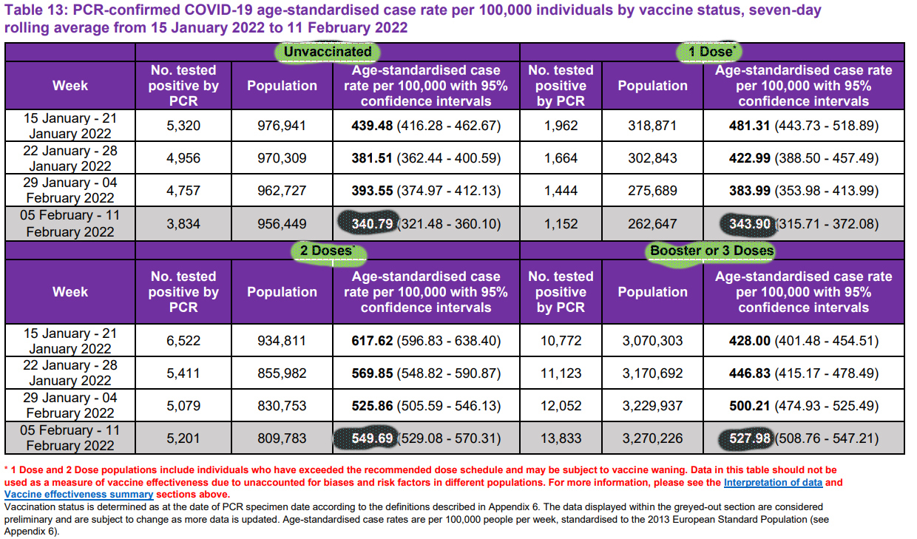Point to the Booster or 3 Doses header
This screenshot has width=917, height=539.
(711, 251)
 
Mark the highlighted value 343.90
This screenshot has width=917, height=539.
(746, 223)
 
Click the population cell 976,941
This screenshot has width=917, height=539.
(282, 126)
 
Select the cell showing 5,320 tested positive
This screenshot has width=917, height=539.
(183, 126)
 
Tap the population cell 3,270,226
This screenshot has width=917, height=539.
(652, 438)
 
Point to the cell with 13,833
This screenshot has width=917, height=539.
(561, 438)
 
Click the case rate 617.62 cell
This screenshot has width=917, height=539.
(425, 341)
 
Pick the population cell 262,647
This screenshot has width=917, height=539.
(652, 223)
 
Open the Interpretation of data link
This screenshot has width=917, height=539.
(772, 483)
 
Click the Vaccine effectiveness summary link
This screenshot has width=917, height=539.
(79, 494)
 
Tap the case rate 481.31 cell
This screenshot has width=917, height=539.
(803, 126)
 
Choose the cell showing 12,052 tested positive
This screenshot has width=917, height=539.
(561, 406)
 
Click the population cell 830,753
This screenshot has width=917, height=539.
(282, 406)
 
